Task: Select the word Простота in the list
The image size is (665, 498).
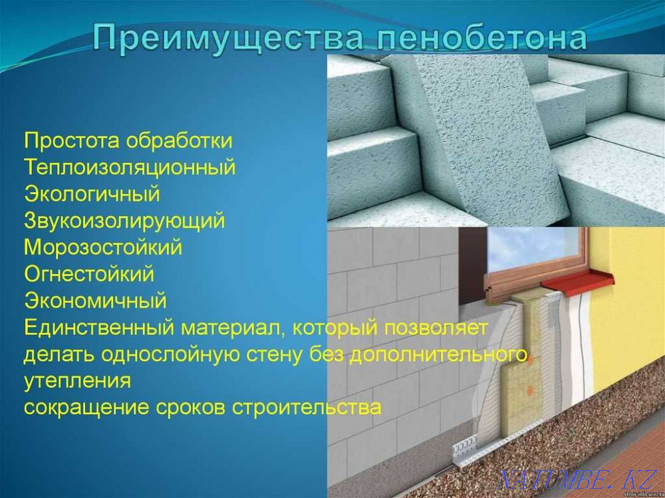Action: [72, 141]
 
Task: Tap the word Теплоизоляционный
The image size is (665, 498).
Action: [130, 168]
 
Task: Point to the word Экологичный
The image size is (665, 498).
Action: [92, 194]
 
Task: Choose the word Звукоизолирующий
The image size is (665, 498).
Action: [124, 221]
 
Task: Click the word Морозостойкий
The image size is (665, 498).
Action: [103, 247]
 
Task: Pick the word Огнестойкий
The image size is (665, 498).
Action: [89, 273]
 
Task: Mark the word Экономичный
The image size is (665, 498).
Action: [95, 301]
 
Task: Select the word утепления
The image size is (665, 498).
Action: [77, 381]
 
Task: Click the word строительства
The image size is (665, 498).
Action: [307, 407]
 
